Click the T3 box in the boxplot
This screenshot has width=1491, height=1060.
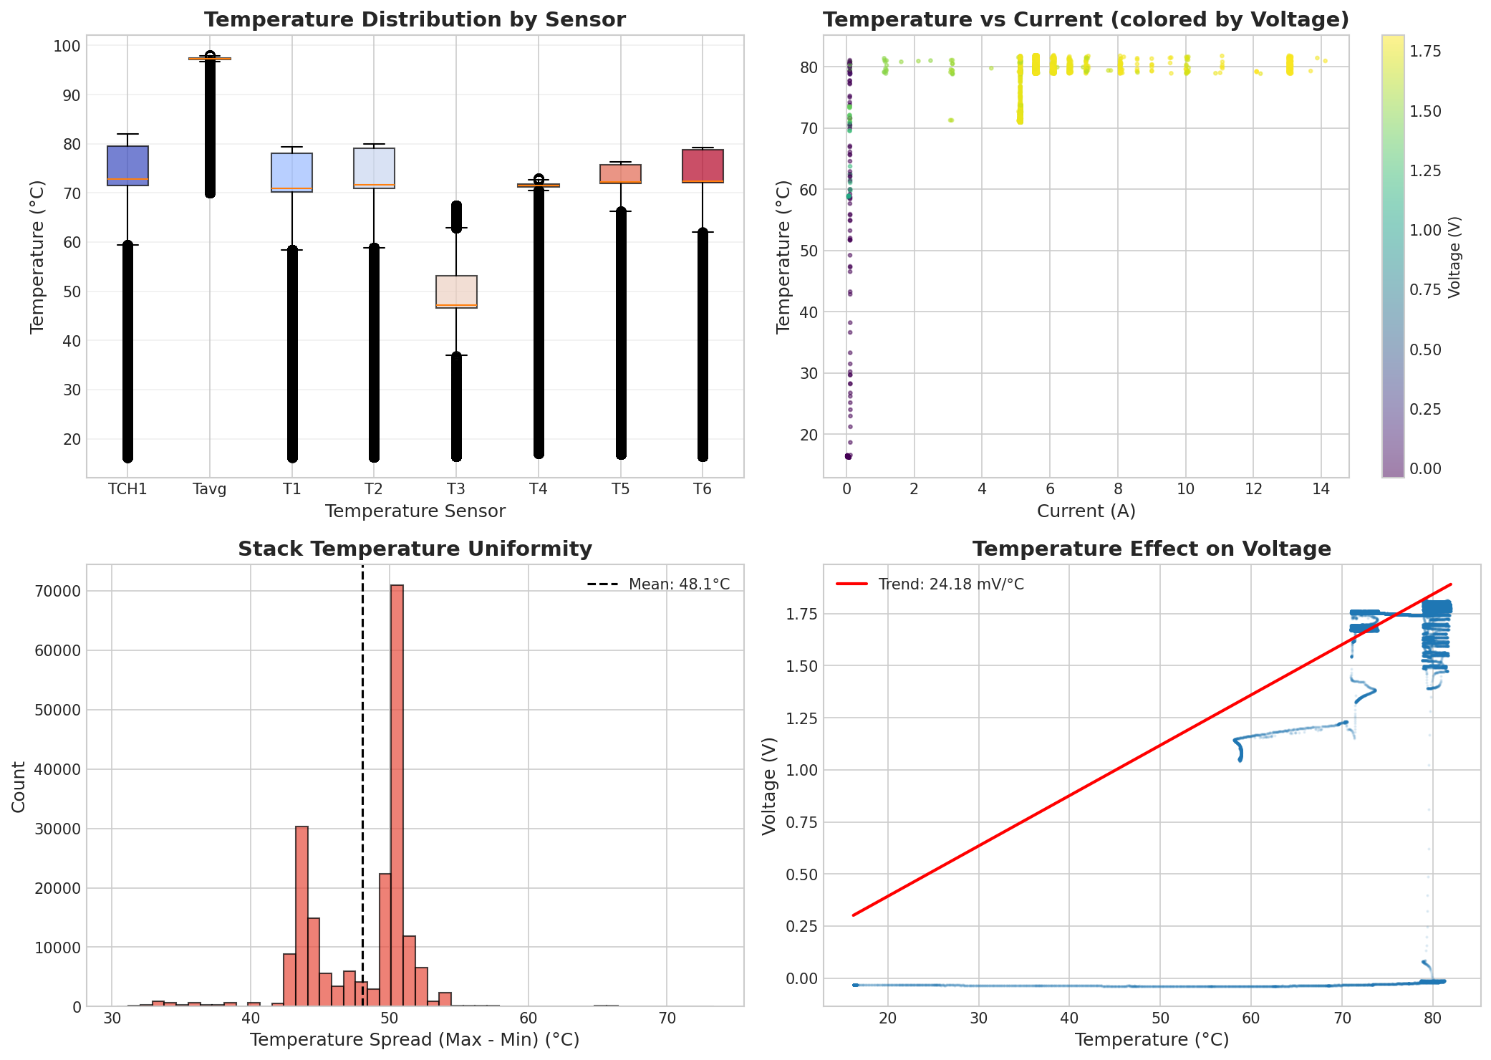click(456, 291)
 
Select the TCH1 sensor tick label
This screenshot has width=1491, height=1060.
click(127, 489)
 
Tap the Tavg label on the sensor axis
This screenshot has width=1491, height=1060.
click(209, 489)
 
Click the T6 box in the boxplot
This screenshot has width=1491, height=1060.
click(703, 166)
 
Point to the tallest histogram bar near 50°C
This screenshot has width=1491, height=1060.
click(397, 795)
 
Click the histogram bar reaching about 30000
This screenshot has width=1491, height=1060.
click(301, 916)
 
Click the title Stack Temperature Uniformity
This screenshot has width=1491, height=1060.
click(415, 549)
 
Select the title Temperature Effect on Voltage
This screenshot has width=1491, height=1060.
click(1152, 549)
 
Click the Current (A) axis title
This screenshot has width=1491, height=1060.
click(1086, 511)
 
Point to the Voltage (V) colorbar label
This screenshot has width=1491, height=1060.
click(1454, 257)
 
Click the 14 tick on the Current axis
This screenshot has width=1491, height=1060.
click(1321, 489)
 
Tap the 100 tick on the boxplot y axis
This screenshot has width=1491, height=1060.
click(67, 46)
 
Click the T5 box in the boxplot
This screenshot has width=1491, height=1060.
click(621, 174)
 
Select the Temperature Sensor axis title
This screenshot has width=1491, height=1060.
click(415, 511)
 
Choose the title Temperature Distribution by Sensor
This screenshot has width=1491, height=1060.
click(415, 20)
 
